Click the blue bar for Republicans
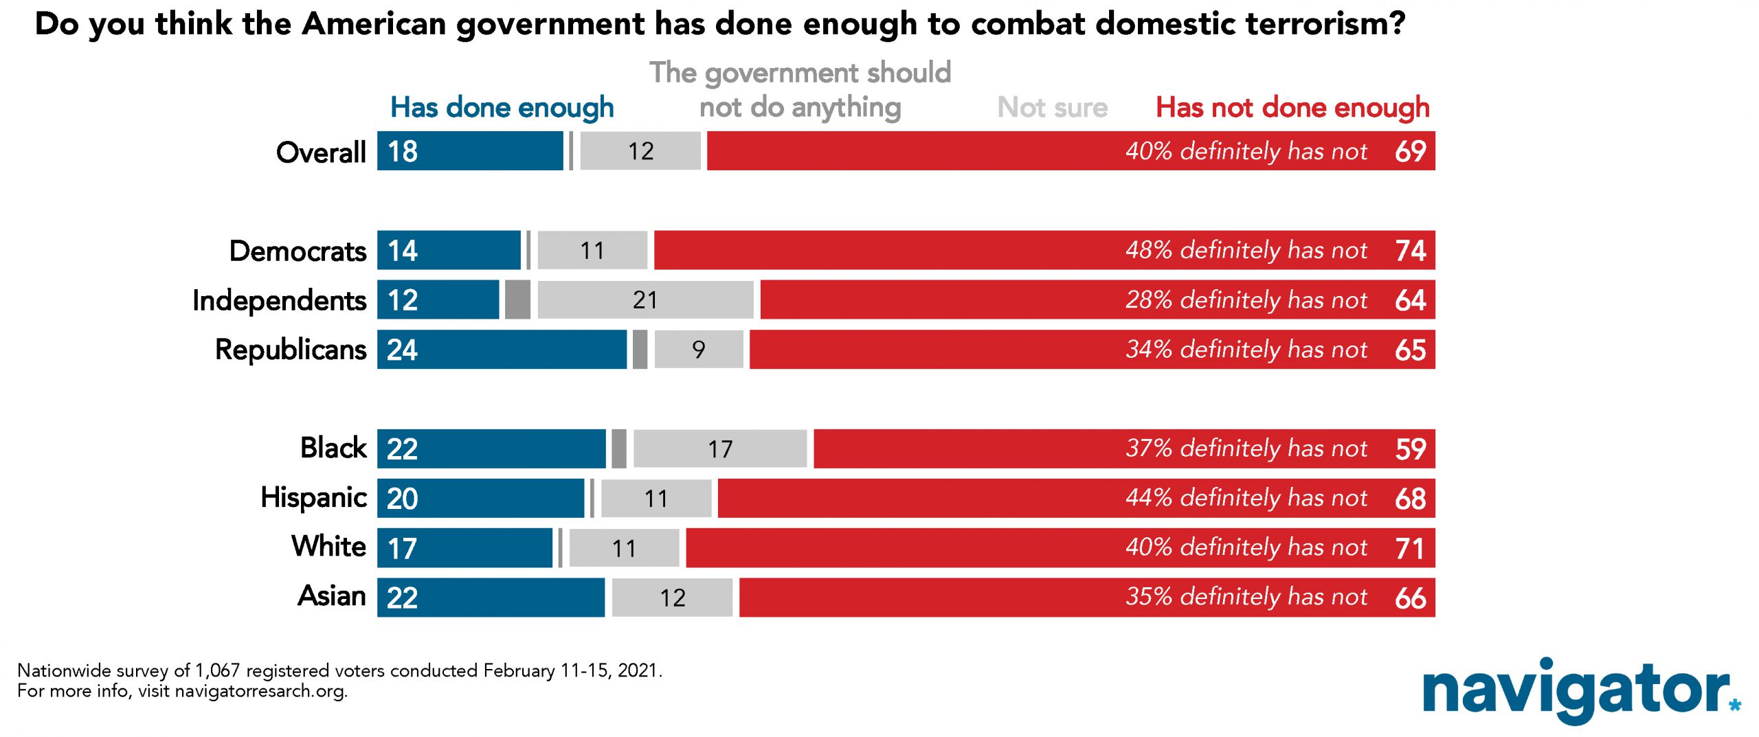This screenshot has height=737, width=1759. pos(502,349)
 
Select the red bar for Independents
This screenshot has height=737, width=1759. pos(1097,299)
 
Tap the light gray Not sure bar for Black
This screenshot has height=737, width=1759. pos(720,449)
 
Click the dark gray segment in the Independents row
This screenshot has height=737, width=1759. pos(517,299)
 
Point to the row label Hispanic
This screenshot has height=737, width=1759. pos(313,498)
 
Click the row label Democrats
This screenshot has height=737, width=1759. pos(298,251)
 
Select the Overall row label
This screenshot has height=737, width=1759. pos(321,152)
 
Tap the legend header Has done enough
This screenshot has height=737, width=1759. pos(502,108)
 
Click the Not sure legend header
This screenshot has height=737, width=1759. pos(1053,107)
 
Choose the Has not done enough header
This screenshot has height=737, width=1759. pos(1292,108)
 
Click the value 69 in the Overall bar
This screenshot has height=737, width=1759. pos(1411,151)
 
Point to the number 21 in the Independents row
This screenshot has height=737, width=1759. pos(645,300)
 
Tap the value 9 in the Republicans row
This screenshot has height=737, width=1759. pos(699,350)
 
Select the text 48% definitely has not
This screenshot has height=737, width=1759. pos(1246,250)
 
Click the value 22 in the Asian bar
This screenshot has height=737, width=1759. pos(403,598)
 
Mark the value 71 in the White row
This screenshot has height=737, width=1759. pos(1410,548)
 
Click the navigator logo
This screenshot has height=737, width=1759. pos(1581,690)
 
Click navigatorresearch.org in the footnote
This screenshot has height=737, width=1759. pos(261,691)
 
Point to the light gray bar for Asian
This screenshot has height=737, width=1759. pos(672,598)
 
